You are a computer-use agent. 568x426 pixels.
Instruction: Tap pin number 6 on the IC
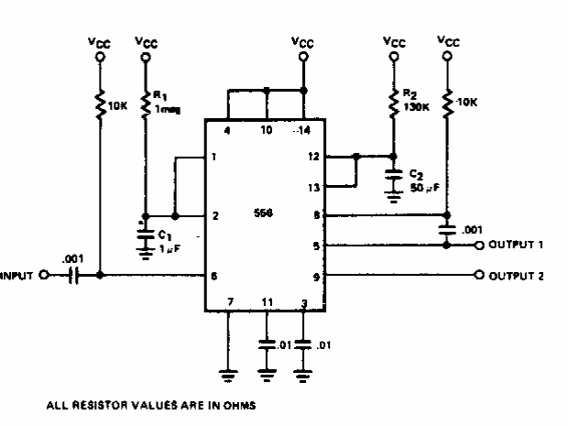[213, 276]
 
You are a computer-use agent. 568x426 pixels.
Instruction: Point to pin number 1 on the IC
[213, 157]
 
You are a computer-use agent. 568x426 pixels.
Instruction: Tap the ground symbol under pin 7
[228, 374]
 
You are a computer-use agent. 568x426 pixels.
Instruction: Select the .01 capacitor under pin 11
[266, 346]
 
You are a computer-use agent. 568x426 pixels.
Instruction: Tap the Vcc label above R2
[393, 42]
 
